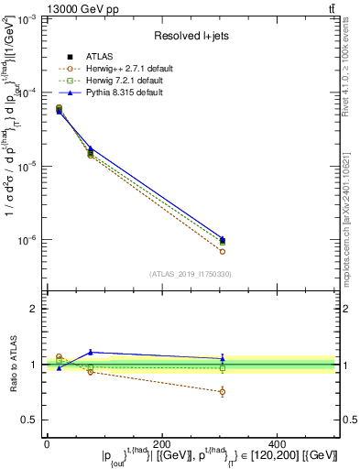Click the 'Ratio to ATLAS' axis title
[x=12, y=364]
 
